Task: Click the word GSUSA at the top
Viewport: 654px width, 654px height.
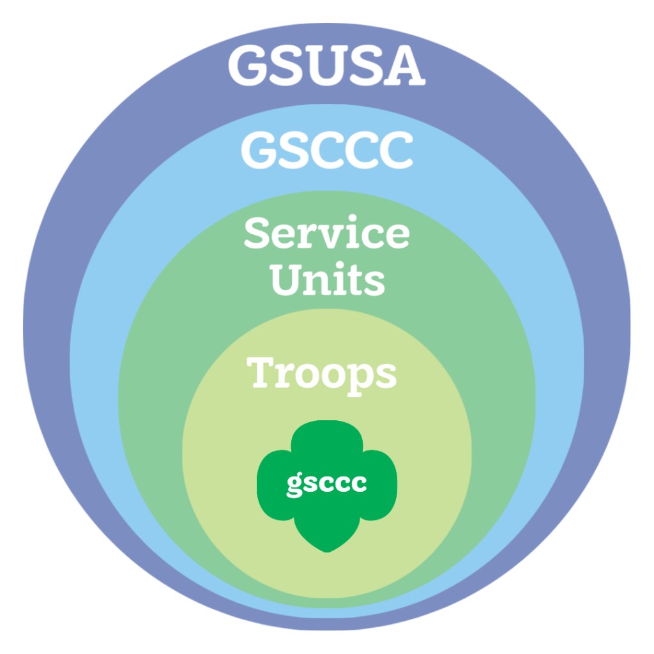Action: tap(326, 65)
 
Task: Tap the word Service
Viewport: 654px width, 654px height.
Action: tap(326, 234)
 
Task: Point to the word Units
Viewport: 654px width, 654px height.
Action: tap(328, 279)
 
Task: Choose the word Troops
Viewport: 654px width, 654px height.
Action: tap(322, 373)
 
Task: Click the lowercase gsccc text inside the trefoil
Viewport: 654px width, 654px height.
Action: tap(326, 483)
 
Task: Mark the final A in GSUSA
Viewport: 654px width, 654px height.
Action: tap(405, 65)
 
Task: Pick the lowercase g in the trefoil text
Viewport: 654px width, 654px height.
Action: tap(294, 485)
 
